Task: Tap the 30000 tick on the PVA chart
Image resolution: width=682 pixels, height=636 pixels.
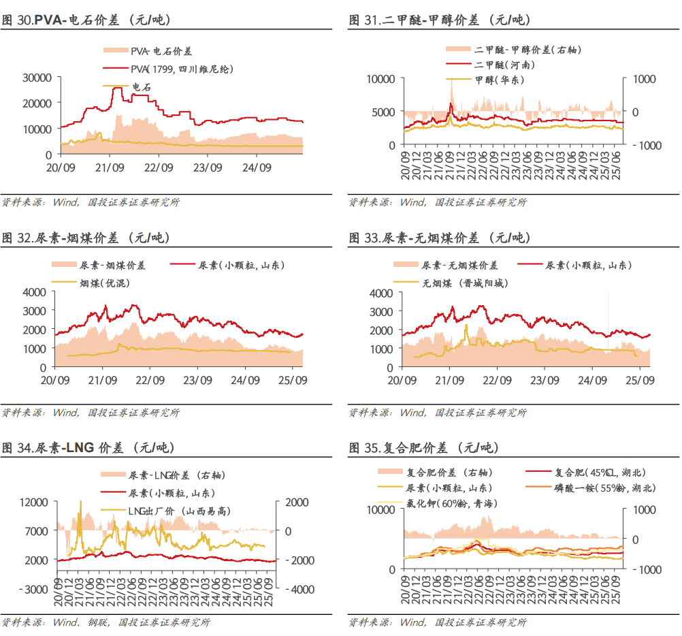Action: click(37, 78)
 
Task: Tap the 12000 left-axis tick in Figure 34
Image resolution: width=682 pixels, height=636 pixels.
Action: click(35, 503)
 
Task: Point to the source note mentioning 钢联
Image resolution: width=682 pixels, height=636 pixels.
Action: click(105, 622)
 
